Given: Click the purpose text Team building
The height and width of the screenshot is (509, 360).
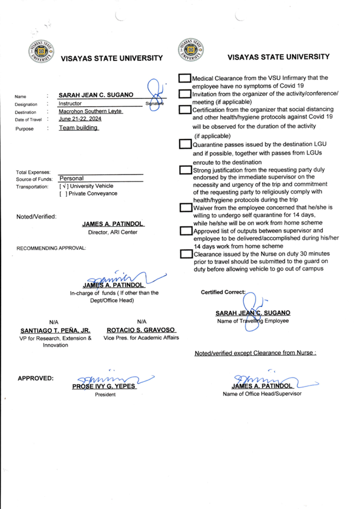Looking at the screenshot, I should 78,128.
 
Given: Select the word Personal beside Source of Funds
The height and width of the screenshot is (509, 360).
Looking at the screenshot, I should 72,178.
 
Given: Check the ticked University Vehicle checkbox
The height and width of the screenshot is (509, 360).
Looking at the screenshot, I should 62,186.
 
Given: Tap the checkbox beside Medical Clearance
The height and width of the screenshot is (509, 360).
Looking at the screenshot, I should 185,79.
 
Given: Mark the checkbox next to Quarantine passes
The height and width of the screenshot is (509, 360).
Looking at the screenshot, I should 185,143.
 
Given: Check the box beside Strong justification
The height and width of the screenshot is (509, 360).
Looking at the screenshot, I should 185,171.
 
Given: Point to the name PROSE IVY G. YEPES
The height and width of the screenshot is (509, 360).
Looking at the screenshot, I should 104,386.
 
